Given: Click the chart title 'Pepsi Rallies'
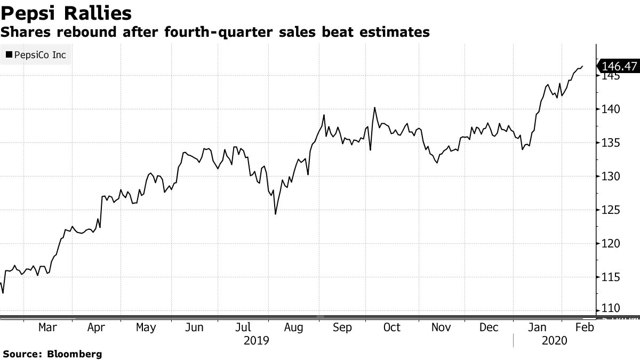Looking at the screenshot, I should tap(67, 13).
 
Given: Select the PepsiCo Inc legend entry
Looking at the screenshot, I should tap(36, 54).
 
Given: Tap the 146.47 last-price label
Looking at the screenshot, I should tap(619, 66).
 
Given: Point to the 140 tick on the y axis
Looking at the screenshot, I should tap(609, 109).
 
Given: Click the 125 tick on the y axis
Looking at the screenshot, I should tap(609, 210).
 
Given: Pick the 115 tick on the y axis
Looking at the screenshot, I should tap(609, 277).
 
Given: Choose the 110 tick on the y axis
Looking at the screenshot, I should tap(609, 309).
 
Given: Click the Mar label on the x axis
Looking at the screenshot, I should tap(47, 327).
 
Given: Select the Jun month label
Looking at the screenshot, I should tap(195, 327).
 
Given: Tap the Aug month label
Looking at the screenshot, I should tap(293, 327).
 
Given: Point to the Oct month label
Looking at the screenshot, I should tap(391, 327).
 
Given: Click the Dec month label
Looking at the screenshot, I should tap(489, 327).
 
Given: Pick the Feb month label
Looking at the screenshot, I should tap(585, 327).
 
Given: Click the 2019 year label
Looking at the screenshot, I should tap(256, 340).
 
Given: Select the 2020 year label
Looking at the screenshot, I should tap(553, 340).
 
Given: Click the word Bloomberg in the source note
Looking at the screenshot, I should tap(75, 354).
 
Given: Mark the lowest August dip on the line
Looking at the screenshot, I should tap(275, 214).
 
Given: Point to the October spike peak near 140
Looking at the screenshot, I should tap(374, 108).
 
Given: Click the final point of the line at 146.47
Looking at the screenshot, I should tap(582, 66).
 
